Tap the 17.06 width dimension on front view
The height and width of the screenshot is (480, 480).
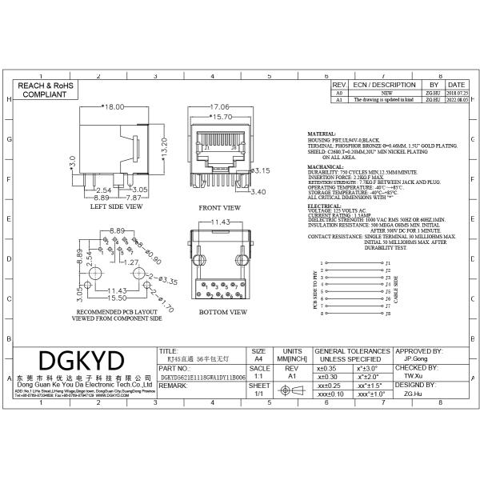[x=220, y=106]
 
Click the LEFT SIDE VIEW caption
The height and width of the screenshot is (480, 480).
[x=117, y=207]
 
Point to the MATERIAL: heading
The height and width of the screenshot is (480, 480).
[x=322, y=134]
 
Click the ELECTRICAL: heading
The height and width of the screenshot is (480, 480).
[x=324, y=206]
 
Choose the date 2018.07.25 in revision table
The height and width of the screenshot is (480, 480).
[x=456, y=93]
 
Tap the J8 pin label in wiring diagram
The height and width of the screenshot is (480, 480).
[x=388, y=314]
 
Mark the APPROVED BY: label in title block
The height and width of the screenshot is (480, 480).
[x=420, y=351]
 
